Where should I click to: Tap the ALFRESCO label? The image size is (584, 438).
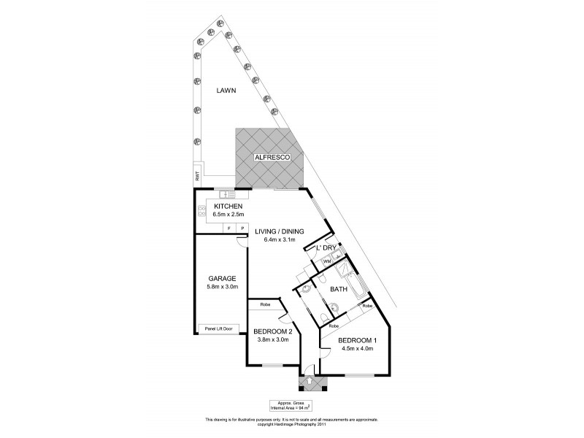[268, 157]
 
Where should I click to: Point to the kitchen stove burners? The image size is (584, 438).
[201, 212]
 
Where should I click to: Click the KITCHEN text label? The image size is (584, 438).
[227, 207]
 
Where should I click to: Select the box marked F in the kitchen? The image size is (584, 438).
[229, 228]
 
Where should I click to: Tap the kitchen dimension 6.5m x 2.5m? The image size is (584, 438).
[227, 215]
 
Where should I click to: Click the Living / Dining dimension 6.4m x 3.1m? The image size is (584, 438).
[279, 241]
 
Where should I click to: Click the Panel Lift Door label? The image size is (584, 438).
[218, 328]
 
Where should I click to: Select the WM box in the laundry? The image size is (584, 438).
[328, 261]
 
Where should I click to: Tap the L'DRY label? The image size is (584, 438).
[325, 248]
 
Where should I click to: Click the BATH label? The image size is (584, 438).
[338, 290]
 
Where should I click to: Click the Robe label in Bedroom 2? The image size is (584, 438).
[264, 303]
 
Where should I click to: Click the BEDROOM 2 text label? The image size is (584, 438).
[272, 331]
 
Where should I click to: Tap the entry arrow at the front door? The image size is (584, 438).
[310, 380]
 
